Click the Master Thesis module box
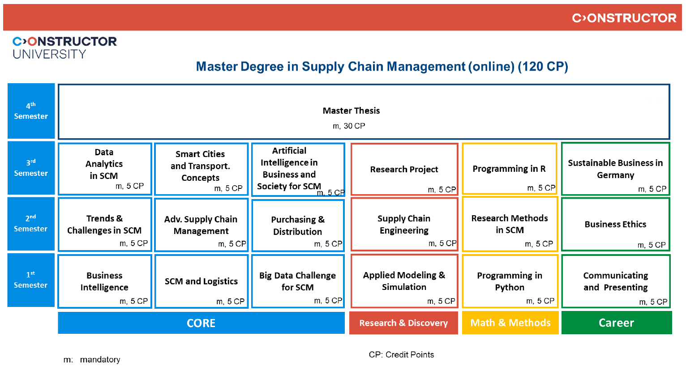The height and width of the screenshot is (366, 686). pos(364,111)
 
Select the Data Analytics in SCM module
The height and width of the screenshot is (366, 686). pos(105,168)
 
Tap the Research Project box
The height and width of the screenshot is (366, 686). pos(404,169)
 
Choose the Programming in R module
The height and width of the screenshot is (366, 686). pos(509,169)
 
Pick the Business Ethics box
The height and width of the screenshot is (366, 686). pos(615,224)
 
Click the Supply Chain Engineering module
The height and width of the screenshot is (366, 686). pos(404,224)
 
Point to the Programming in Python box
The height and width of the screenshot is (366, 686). pos(510,281)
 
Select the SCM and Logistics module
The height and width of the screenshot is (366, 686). pos(201,281)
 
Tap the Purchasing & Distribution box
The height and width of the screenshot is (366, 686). pos(298,225)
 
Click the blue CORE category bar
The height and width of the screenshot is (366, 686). pos(201,323)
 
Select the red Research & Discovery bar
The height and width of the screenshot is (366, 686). pos(403,323)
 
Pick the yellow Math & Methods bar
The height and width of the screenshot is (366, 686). pos(510,323)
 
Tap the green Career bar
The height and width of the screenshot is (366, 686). pos(616,323)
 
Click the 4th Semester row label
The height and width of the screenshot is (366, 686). pos(31,111)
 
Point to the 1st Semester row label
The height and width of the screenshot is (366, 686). pos(31,280)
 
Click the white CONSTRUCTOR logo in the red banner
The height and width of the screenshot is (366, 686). pos(624,18)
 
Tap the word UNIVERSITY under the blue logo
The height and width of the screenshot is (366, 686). pos(49,54)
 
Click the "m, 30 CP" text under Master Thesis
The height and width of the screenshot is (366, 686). pos(349,126)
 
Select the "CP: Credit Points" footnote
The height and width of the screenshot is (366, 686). pos(401,355)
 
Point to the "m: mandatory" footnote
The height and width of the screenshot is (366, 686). pos(92,360)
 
